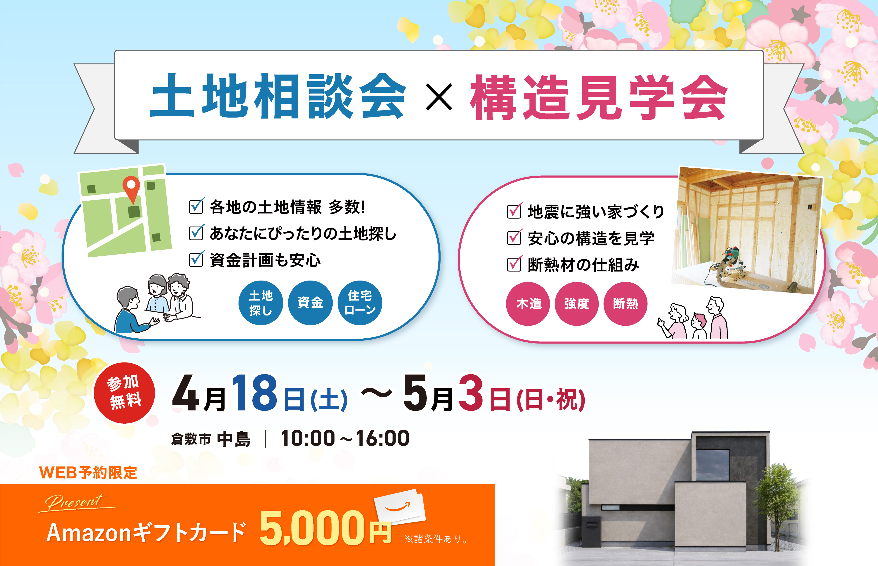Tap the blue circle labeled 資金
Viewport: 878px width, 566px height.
[x=310, y=303]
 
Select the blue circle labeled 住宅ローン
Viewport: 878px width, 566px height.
[x=360, y=303]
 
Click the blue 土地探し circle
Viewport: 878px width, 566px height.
[x=261, y=303]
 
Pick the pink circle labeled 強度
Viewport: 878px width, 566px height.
[x=577, y=303]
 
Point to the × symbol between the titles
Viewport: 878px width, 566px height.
[x=439, y=97]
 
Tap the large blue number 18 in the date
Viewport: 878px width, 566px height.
[x=254, y=392]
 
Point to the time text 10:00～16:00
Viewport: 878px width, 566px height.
[x=345, y=438]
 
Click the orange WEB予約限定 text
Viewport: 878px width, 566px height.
[x=88, y=473]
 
